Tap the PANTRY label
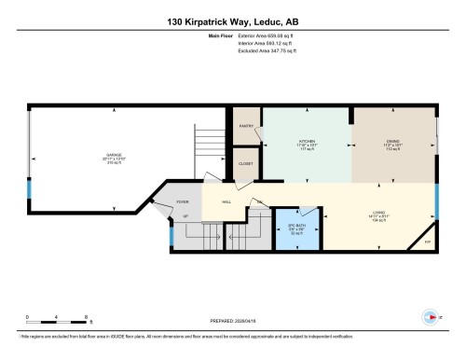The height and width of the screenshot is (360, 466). coord(247,124)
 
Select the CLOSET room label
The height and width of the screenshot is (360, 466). coord(245,164)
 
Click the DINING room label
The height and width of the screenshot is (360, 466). coord(392,143)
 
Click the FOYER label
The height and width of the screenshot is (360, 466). coord(183,201)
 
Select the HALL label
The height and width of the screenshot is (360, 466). coord(226,201)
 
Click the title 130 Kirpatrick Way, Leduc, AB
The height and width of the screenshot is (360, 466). coord(233,21)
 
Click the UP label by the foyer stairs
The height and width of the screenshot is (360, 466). coord(185,216)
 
